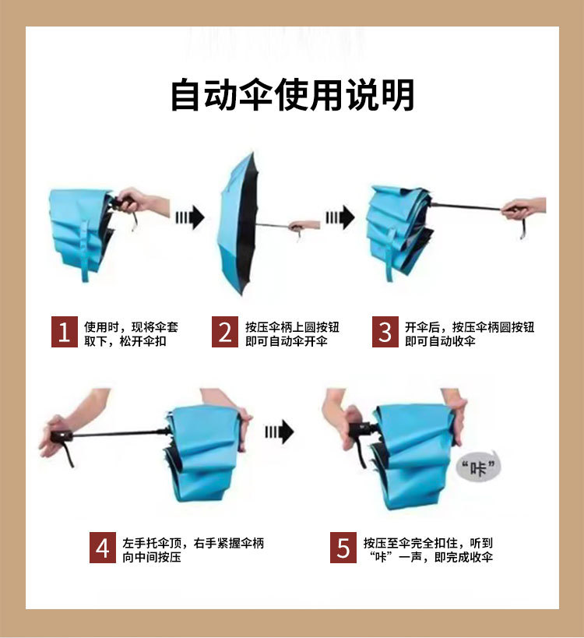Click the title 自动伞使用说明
tap(293, 95)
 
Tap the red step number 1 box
tap(65, 332)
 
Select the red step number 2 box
tap(225, 332)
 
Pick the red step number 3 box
tap(385, 332)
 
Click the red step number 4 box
tap(103, 548)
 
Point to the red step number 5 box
tap(343, 548)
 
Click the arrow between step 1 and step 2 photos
tap(190, 217)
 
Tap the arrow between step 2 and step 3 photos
tap(340, 217)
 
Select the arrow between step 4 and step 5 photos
tap(280, 432)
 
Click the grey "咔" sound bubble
tap(479, 467)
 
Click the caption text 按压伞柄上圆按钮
tap(292, 326)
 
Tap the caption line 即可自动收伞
tap(440, 341)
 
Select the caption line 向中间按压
tap(152, 557)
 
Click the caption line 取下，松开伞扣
tap(125, 341)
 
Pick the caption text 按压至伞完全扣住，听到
tap(427, 543)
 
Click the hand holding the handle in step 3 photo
tap(523, 208)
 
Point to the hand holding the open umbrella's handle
tap(304, 226)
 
